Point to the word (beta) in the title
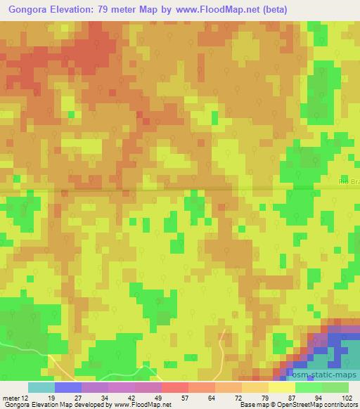coord(270,9)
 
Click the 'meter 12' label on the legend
coord(17,397)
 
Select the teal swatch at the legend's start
coord(41,387)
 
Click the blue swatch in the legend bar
coord(68,387)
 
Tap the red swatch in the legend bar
coord(175,387)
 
